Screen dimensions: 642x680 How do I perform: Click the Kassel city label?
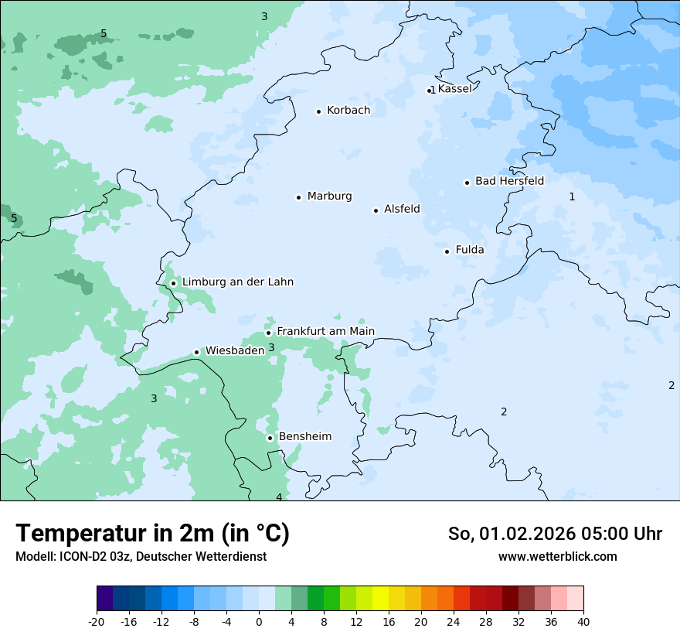tap(454, 89)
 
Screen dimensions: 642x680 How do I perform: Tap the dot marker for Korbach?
tap(318, 111)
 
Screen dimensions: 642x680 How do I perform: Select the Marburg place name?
tap(329, 196)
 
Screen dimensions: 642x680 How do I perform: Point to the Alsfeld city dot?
tap(376, 210)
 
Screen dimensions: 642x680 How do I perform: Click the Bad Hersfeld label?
tap(509, 181)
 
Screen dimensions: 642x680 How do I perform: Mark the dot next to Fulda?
tap(447, 251)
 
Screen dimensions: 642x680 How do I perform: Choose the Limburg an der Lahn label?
tap(237, 282)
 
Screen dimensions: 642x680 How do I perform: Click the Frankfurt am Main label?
tap(325, 331)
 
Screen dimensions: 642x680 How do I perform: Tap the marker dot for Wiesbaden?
tap(197, 353)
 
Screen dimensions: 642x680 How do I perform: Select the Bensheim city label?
tap(304, 437)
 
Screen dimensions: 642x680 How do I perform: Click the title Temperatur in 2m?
tap(152, 534)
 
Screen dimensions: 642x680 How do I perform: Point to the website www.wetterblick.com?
tap(557, 557)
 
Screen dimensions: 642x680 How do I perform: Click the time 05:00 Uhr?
tap(619, 534)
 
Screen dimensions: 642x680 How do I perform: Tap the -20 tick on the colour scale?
tap(97, 622)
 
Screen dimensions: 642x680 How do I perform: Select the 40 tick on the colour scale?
tap(583, 622)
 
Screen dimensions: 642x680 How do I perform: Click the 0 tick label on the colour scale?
tap(259, 622)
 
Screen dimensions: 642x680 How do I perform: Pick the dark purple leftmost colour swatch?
tap(104, 599)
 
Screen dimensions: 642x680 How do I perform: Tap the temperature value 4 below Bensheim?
tap(279, 497)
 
